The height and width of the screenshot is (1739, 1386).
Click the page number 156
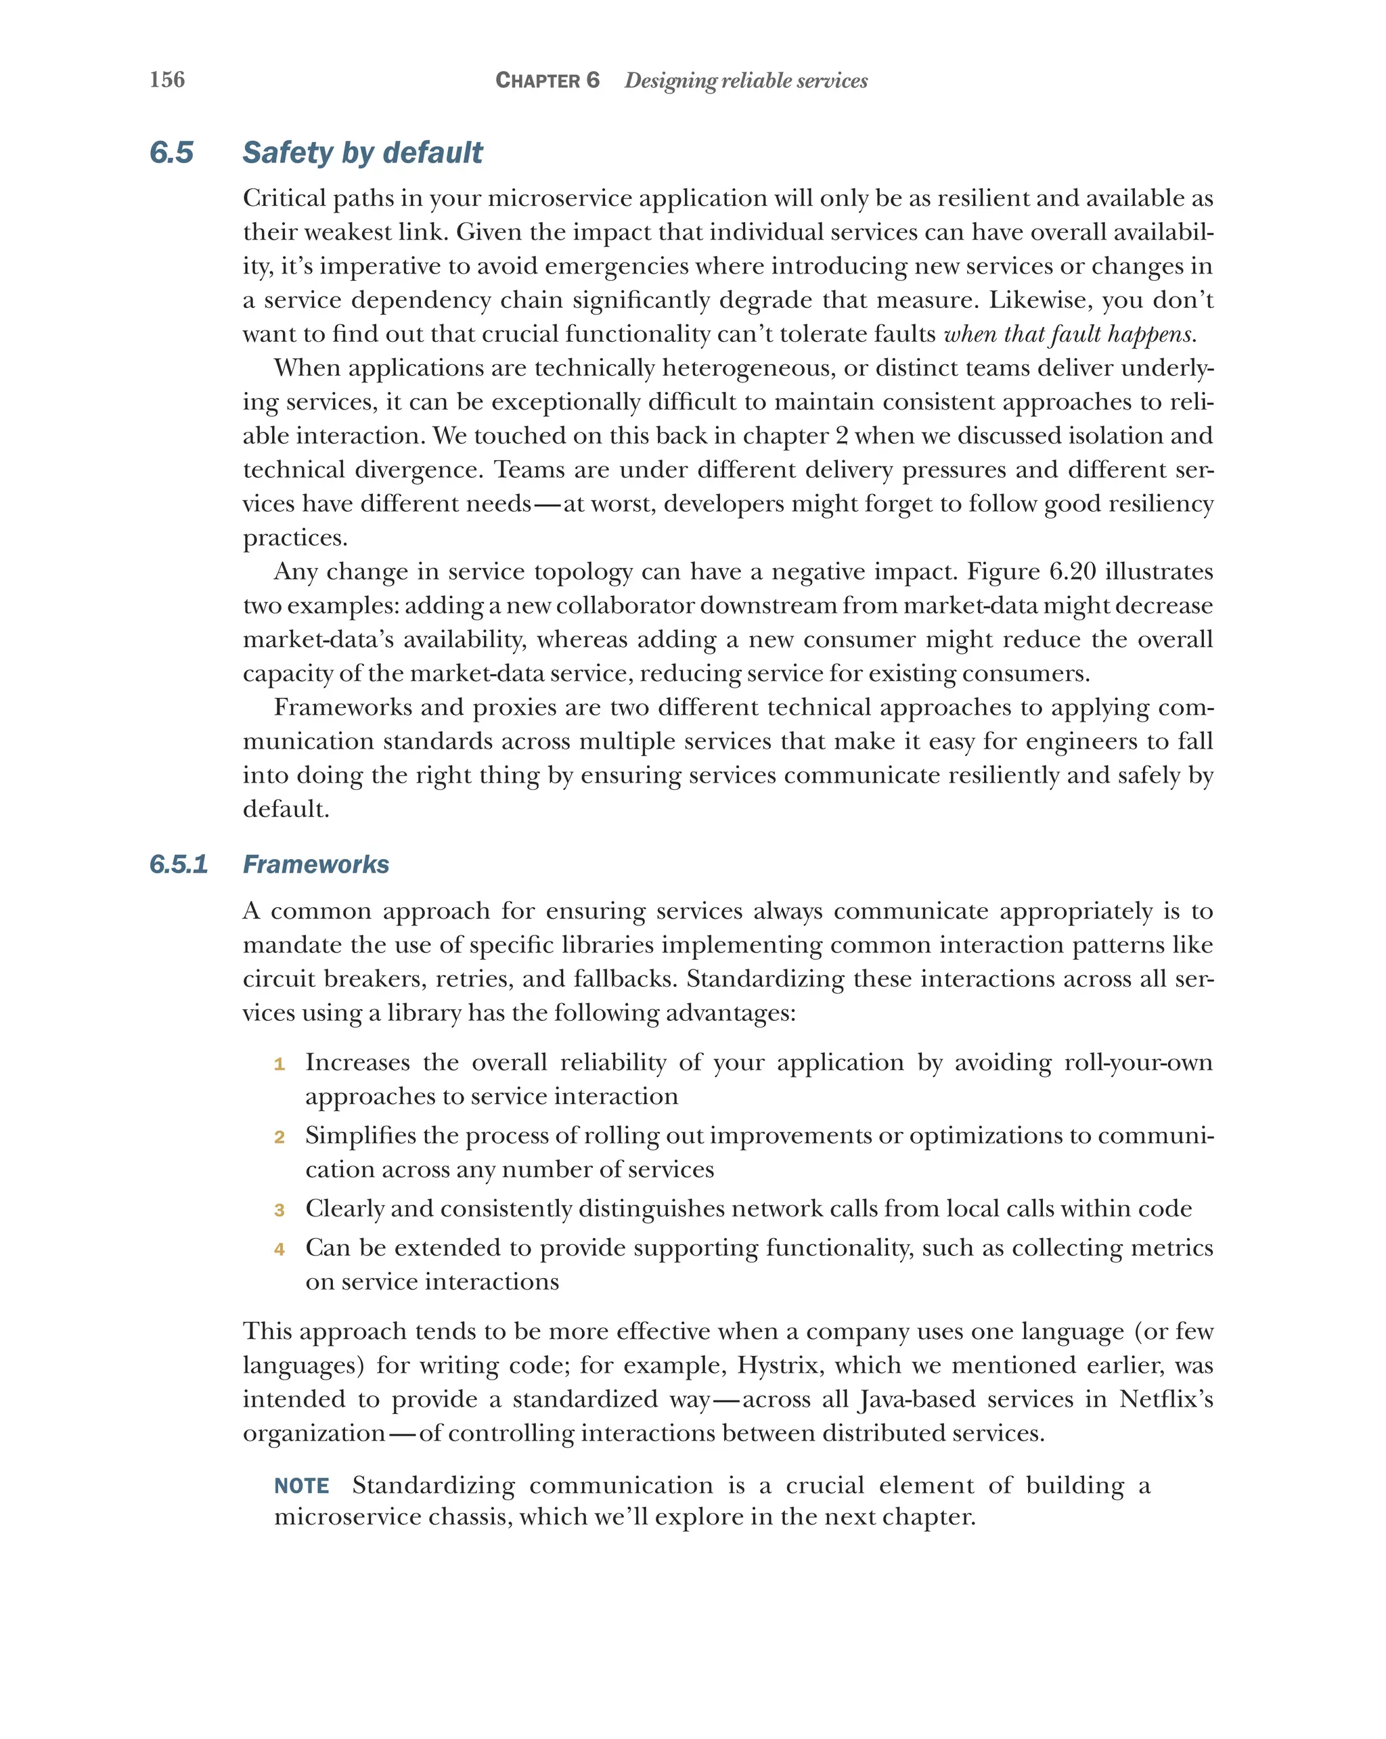point(167,79)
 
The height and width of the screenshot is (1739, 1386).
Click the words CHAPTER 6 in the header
point(547,80)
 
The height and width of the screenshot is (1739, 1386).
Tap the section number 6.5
point(171,152)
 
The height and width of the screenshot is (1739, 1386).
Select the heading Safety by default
point(362,152)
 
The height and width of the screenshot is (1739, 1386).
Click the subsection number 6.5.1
point(178,864)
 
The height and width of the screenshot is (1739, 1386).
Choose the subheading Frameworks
point(315,864)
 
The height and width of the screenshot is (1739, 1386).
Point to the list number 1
point(279,1065)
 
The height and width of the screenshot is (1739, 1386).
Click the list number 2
point(279,1137)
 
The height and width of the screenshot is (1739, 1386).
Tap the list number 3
point(279,1210)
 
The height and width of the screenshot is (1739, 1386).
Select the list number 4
point(279,1250)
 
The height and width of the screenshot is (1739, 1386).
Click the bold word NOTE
point(302,1486)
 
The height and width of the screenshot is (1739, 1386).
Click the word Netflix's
point(1165,1399)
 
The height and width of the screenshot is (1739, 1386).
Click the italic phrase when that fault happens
point(1069,334)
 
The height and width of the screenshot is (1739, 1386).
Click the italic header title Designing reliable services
point(745,80)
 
